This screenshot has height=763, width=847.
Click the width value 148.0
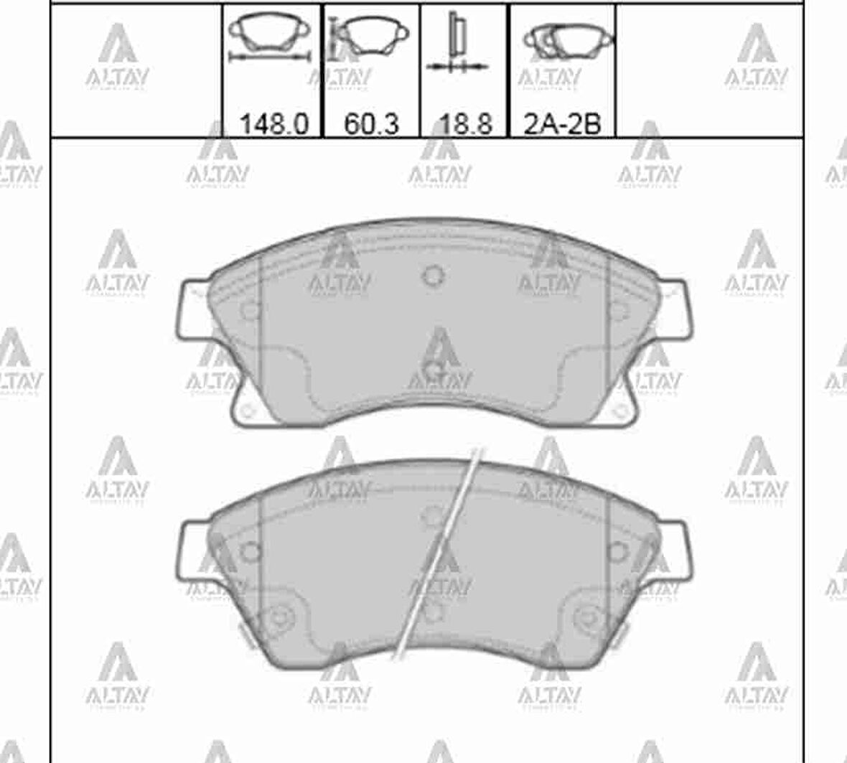(x=273, y=124)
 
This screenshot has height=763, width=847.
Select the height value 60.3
(x=371, y=124)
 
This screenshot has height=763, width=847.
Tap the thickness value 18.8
(x=465, y=124)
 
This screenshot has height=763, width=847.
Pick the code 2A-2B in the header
(x=562, y=124)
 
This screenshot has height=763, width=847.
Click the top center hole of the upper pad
(x=434, y=275)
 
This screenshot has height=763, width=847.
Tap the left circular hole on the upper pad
(x=250, y=311)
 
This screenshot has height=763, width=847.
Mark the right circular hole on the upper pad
(x=618, y=311)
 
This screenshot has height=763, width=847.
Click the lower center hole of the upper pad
(x=434, y=370)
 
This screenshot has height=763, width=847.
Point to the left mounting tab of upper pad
(x=191, y=309)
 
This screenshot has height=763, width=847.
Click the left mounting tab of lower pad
(x=191, y=551)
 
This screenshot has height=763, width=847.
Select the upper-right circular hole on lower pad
(x=618, y=551)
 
